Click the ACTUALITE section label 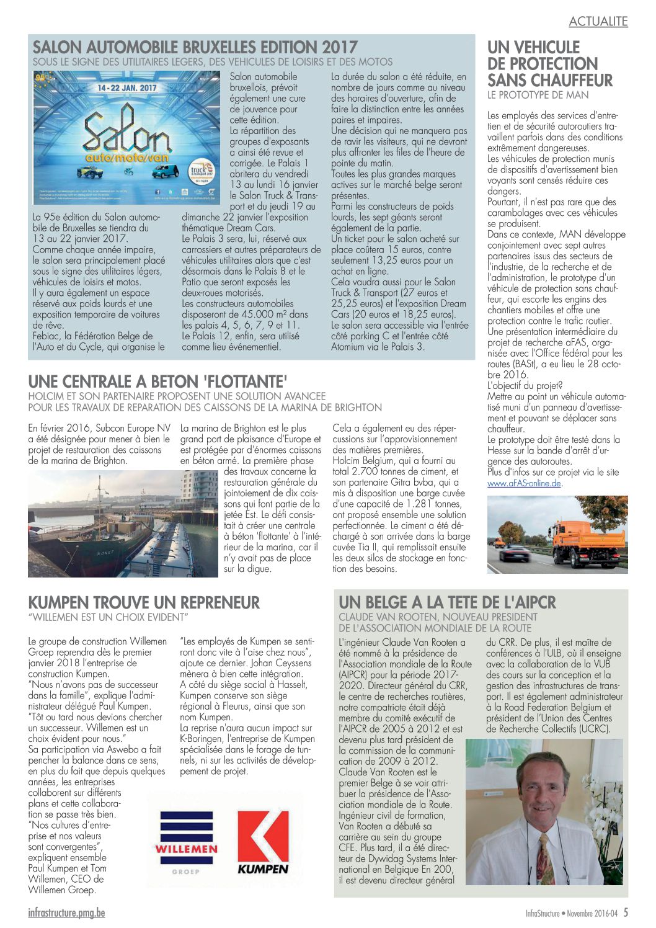tap(598, 22)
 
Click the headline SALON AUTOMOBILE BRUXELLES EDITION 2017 tap(195, 47)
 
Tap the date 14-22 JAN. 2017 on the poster tap(127, 88)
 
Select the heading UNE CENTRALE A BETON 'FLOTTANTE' tap(157, 381)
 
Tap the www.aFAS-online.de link tap(524, 483)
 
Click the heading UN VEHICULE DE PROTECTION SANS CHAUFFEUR tap(549, 64)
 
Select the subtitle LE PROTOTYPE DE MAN tap(538, 95)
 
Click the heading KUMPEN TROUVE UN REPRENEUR tap(144, 602)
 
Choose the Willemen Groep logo tap(186, 842)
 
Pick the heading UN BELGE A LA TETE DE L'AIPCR tap(447, 602)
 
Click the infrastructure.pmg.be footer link tap(66, 913)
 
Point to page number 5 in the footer tap(626, 912)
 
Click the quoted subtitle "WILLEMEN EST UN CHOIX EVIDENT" tap(107, 617)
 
